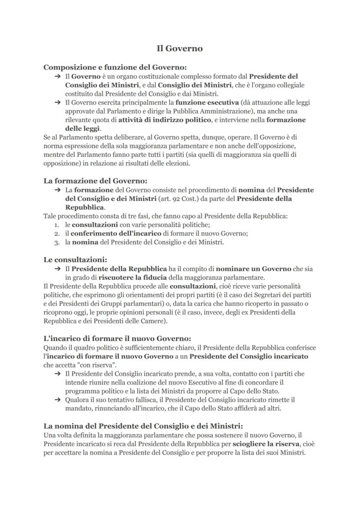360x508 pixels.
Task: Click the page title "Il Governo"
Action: click(180, 48)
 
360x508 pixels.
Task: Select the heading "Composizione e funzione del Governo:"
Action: click(115, 67)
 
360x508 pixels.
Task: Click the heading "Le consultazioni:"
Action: click(75, 260)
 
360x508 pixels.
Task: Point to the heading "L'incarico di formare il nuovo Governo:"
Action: click(117, 339)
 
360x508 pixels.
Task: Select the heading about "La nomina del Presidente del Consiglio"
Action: click(143, 426)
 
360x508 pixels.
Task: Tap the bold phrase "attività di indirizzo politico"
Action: click(164, 120)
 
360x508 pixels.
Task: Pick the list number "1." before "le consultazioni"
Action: click(57, 225)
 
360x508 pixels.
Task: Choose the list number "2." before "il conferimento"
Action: click(57, 233)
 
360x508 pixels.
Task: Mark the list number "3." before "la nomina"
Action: click(57, 242)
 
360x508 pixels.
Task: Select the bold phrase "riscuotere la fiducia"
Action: click(132, 277)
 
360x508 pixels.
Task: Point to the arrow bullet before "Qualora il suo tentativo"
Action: click(57, 400)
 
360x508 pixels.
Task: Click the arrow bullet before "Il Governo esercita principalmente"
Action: click(57, 103)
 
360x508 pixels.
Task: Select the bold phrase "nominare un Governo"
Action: click(253, 269)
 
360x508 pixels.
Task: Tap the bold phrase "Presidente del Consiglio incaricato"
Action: click(249, 356)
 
